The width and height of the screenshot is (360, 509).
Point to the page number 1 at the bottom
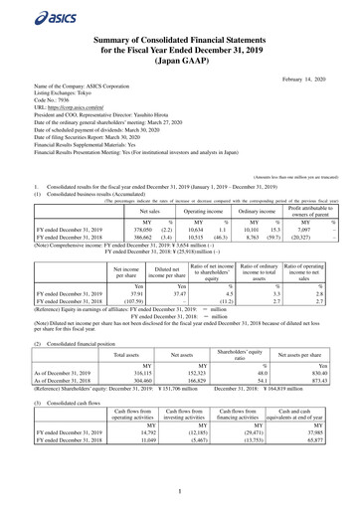point(180,490)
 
